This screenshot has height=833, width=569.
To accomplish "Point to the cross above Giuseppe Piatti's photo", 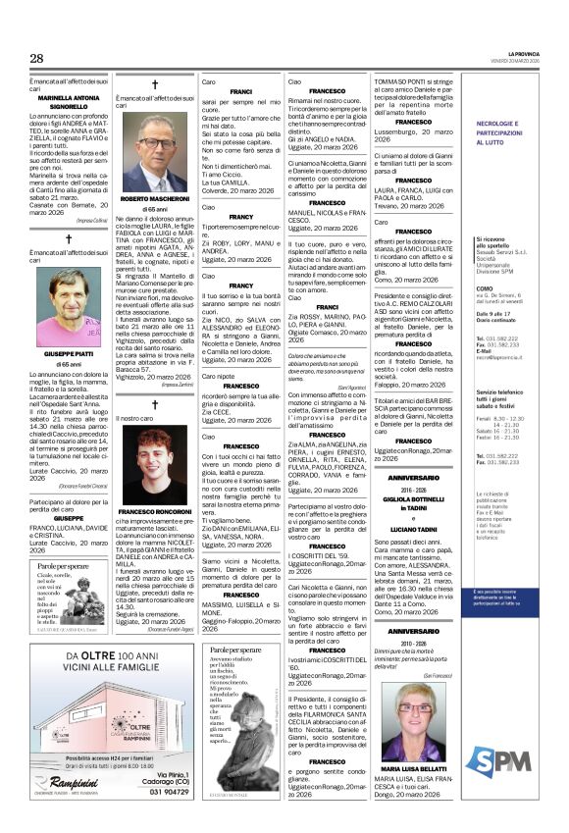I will (x=68, y=239).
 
